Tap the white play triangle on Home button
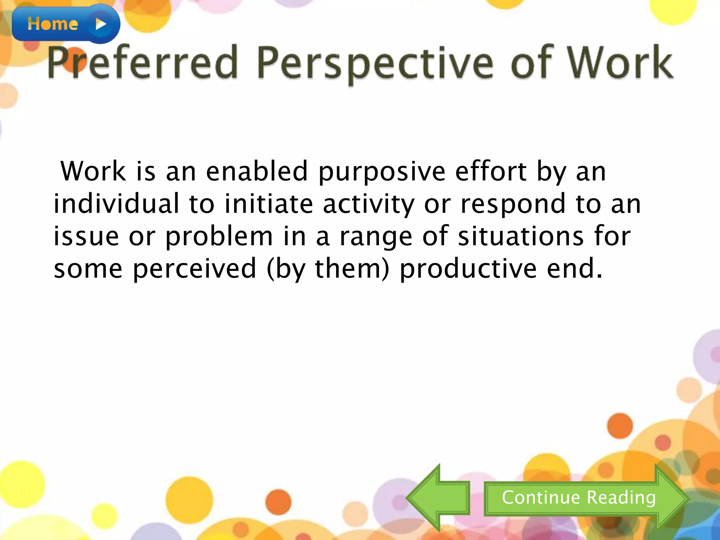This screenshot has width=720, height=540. coord(101,24)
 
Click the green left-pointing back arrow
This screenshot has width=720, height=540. coord(438,498)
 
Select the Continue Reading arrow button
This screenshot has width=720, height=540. coord(584,498)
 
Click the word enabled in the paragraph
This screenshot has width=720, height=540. coord(257,171)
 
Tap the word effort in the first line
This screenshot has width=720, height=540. coord(491,171)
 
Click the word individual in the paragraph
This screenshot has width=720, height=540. coord(116,204)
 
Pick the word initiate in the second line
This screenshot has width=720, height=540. coord(269,204)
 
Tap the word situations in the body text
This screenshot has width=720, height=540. coord(521,236)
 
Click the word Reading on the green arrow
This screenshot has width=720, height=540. coord(621,498)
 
